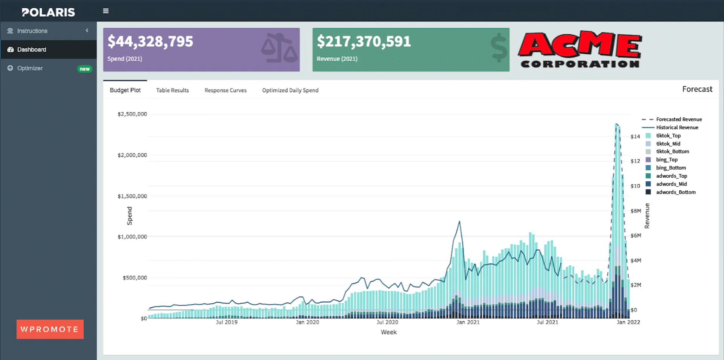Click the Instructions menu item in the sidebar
point(32,31)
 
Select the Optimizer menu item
point(30,68)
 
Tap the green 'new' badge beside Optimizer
point(84,69)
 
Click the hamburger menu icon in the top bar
point(106,11)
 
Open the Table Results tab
point(172,90)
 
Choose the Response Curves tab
point(225,90)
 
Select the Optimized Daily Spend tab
point(290,90)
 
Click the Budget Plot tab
point(125,90)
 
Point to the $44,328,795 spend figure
point(150,41)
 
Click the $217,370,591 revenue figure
point(364,41)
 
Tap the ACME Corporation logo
point(580,50)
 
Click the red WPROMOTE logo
point(50,329)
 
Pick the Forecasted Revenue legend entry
point(679,119)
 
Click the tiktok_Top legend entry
point(668,136)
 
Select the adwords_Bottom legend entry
point(676,192)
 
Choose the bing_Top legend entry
point(667,160)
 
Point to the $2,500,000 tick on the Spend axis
point(132,114)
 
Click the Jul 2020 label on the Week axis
point(387,322)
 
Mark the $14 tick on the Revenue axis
point(635,136)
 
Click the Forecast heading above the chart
point(697,89)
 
